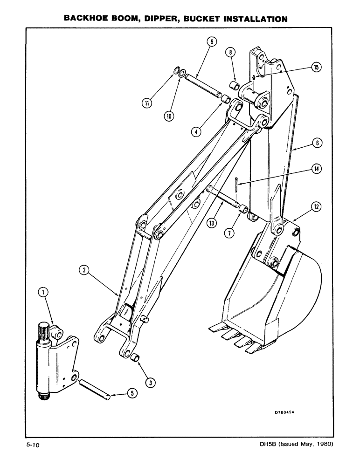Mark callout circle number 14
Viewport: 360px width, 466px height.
click(x=316, y=170)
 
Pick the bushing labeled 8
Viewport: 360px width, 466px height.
click(x=235, y=87)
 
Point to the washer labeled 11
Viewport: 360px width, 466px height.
click(x=177, y=71)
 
